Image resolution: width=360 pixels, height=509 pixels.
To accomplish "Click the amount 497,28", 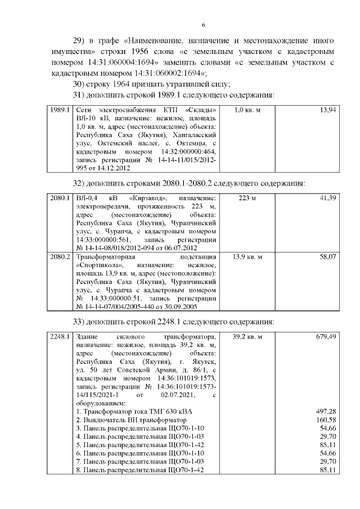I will [327, 412].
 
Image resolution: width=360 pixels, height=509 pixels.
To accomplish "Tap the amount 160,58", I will [327, 420].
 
